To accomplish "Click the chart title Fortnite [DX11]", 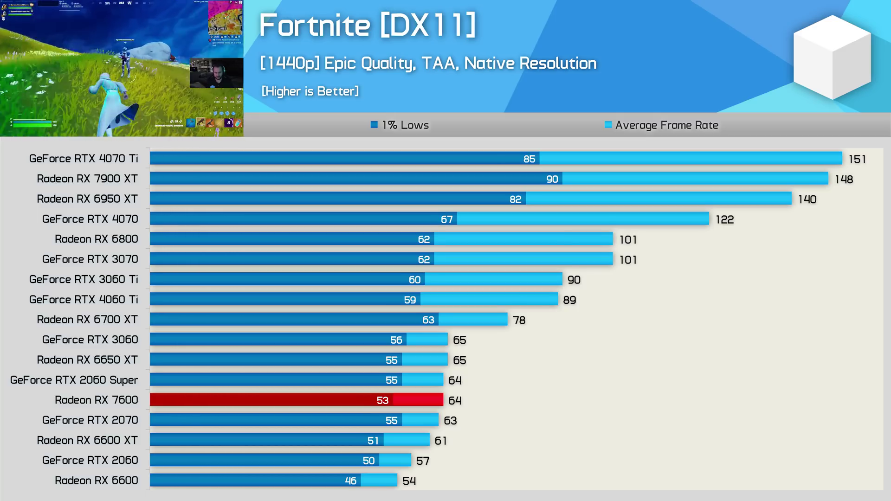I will (367, 25).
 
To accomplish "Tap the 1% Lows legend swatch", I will (374, 125).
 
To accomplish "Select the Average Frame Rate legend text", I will (666, 125).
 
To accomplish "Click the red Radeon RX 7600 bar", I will (296, 400).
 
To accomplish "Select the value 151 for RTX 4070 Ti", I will (857, 159).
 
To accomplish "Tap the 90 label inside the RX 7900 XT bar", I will (552, 179).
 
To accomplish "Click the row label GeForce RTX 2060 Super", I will (74, 380).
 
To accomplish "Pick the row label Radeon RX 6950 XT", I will (87, 199).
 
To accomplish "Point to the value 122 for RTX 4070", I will (724, 219).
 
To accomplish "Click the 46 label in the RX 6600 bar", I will (350, 481).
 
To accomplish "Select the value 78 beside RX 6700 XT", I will (519, 320).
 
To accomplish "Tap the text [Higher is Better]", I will (310, 91).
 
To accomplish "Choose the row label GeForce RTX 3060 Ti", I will (84, 279).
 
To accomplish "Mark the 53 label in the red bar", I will (382, 400).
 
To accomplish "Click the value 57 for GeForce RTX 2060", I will (422, 461).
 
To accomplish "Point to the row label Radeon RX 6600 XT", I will (87, 440).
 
